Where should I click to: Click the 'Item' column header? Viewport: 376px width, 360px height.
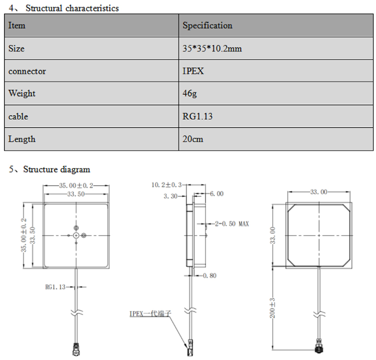[17, 26]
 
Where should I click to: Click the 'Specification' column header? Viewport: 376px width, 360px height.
[207, 26]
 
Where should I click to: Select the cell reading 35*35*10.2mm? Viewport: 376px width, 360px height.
[213, 49]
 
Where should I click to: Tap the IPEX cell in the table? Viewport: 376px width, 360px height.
[193, 71]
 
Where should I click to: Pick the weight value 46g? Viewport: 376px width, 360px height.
[189, 94]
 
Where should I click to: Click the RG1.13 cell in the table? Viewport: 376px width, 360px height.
[197, 117]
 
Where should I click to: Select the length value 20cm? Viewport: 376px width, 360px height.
[193, 139]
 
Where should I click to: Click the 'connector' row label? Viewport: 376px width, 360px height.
[27, 71]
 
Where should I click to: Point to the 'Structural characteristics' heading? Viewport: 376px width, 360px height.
[72, 8]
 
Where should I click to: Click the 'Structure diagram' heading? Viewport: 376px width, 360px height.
[56, 169]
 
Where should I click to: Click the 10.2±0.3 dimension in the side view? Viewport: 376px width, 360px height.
[166, 185]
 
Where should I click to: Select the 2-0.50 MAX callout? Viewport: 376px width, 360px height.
[232, 223]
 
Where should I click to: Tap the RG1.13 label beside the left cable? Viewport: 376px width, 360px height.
[56, 287]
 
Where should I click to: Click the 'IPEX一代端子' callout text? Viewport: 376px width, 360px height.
[150, 314]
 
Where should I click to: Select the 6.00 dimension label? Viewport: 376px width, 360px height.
[217, 194]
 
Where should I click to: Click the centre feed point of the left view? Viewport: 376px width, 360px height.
[76, 235]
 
